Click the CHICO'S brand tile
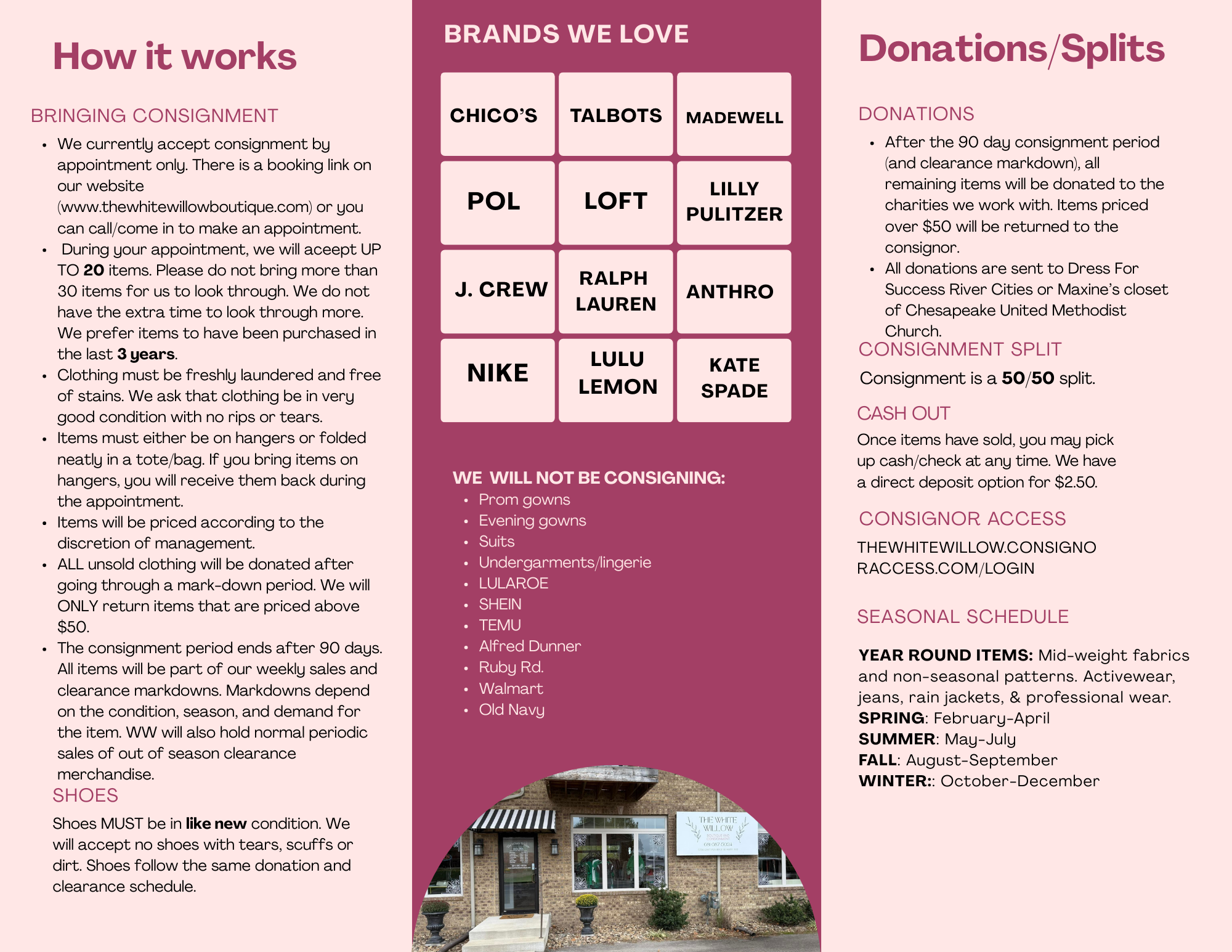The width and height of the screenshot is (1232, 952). pyautogui.click(x=497, y=115)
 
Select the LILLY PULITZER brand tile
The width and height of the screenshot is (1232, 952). pyautogui.click(x=734, y=202)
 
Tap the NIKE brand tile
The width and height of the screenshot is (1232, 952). pyautogui.click(x=497, y=380)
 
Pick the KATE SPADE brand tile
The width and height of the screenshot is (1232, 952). pyautogui.click(x=734, y=380)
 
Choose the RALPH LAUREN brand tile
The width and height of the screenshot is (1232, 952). pyautogui.click(x=615, y=291)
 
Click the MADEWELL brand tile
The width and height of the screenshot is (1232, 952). pyautogui.click(x=734, y=115)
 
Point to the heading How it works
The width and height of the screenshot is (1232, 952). pyautogui.click(x=175, y=57)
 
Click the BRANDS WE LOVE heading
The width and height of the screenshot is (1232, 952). pyautogui.click(x=566, y=34)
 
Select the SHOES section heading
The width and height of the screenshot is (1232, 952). pyautogui.click(x=85, y=795)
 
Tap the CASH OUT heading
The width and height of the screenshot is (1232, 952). pyautogui.click(x=904, y=413)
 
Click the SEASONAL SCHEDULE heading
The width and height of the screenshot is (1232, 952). pyautogui.click(x=963, y=617)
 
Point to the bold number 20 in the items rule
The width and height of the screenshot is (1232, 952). pyautogui.click(x=94, y=271)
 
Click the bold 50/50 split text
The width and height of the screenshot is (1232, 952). pyautogui.click(x=1027, y=378)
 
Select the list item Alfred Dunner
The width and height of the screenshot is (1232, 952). pyautogui.click(x=530, y=646)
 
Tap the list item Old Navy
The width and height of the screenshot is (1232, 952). pyautogui.click(x=511, y=710)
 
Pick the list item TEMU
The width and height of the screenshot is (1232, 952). pyautogui.click(x=500, y=625)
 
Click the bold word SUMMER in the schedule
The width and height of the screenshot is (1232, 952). pyautogui.click(x=897, y=739)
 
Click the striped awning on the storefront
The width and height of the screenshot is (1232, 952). pyautogui.click(x=513, y=820)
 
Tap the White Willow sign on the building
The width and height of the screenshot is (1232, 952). pyautogui.click(x=716, y=832)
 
